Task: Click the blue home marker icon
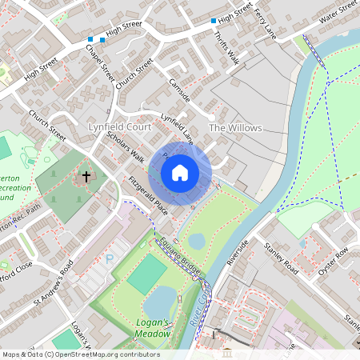(180, 172)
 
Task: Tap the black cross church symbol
(86, 175)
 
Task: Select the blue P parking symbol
(110, 258)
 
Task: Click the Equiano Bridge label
(178, 255)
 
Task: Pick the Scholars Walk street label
(126, 146)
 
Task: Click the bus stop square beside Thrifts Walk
(214, 21)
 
